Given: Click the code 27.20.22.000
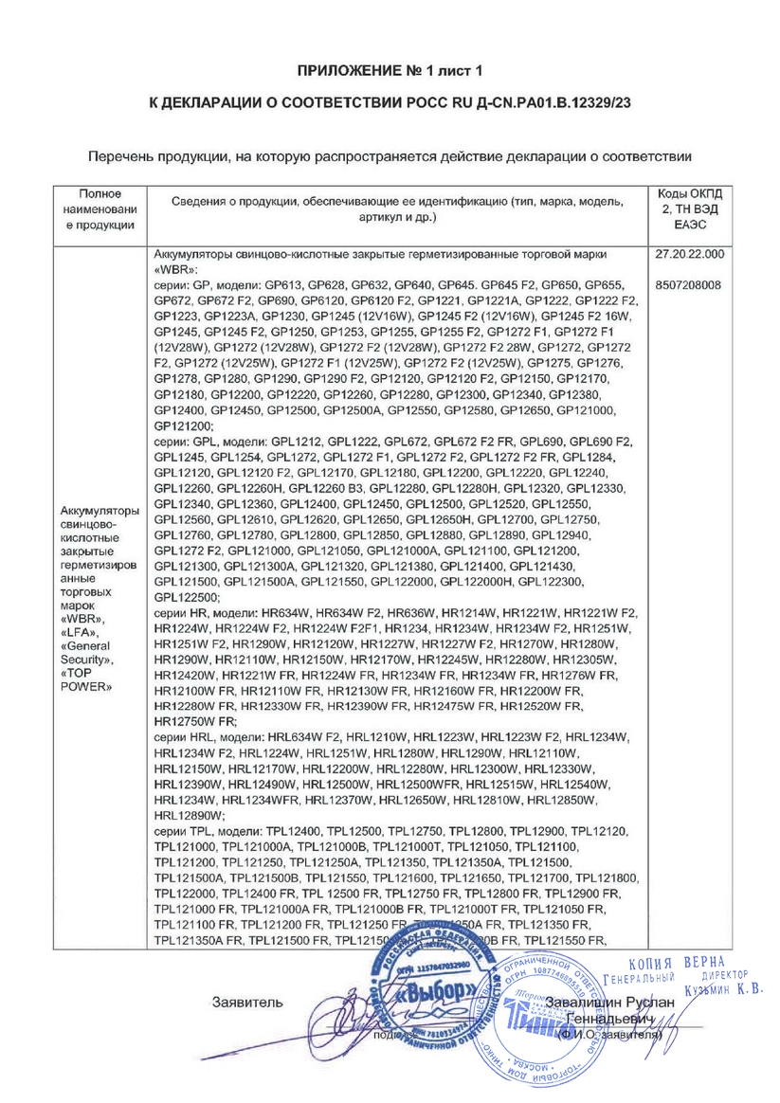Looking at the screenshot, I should coord(688,255).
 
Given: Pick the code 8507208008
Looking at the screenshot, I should coord(688,284).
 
